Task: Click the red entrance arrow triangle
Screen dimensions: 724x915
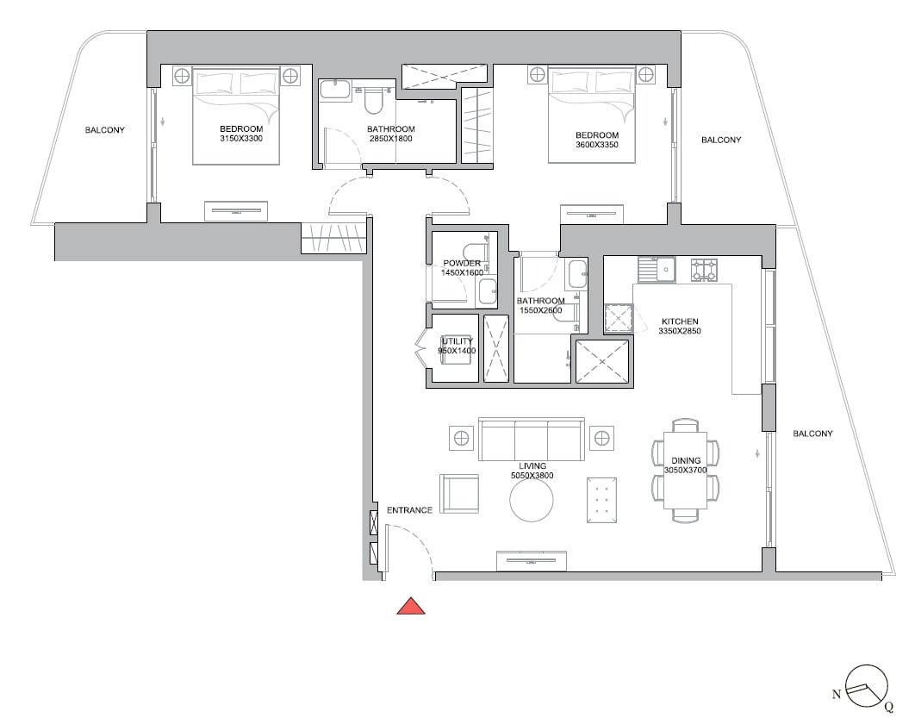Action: pos(411,607)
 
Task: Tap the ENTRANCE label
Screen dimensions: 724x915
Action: pos(409,510)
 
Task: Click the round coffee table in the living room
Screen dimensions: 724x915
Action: pos(532,500)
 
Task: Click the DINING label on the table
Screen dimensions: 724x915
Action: pos(686,461)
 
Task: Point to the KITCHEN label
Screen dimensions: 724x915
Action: pos(680,321)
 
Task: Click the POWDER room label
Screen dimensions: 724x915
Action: pos(462,263)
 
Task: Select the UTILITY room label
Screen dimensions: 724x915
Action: pos(457,341)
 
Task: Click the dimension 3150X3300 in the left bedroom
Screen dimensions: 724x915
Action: pos(241,138)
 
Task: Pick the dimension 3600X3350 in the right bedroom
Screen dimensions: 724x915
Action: pos(597,145)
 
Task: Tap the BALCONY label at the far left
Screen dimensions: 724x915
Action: pos(105,130)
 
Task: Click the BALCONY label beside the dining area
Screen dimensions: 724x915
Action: pos(812,434)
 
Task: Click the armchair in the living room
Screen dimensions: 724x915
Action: pos(458,494)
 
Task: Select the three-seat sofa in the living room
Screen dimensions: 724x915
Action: pos(531,440)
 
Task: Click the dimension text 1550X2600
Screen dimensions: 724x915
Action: pos(540,310)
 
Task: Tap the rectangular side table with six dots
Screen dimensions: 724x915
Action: pos(602,499)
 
